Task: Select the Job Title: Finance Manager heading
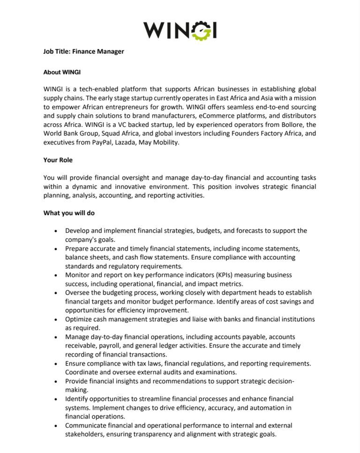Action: pyautogui.click(x=84, y=52)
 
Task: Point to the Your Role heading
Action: pyautogui.click(x=58, y=160)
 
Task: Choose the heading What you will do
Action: pyautogui.click(x=69, y=213)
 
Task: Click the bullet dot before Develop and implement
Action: pyautogui.click(x=56, y=231)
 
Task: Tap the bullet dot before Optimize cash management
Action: pyautogui.click(x=56, y=319)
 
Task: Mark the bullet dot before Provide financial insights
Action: pyautogui.click(x=56, y=381)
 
